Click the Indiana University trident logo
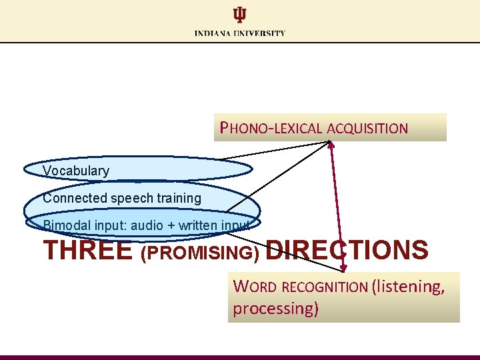coord(239,15)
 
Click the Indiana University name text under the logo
coord(240,33)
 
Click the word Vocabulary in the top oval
coord(76,171)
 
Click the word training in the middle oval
coord(178,198)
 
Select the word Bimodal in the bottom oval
coord(65,225)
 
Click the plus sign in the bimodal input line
coord(172,226)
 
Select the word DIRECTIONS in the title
coord(347,251)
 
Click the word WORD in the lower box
coord(255,287)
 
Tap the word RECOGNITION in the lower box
coord(325,287)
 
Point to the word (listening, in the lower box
coord(408,287)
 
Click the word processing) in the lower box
coord(275,309)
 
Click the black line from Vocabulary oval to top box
coord(273,151)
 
